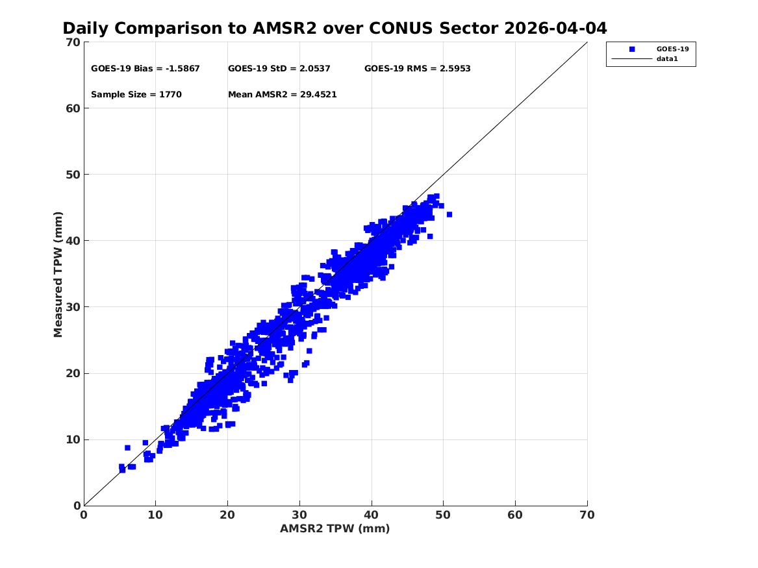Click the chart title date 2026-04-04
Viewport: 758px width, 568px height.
pos(555,29)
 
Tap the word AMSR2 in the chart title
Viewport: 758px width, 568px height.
pos(284,29)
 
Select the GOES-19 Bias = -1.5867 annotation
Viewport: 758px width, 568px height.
pos(145,69)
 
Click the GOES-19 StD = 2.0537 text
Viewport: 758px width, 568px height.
pos(279,69)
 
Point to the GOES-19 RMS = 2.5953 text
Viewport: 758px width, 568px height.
pos(417,69)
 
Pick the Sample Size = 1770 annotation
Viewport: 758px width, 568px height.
pos(136,95)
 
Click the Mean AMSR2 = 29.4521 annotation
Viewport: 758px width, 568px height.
pos(283,95)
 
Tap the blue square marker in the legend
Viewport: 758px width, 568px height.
pos(632,49)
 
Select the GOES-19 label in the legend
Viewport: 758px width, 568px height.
pos(672,49)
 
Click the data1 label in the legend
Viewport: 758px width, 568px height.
pos(667,59)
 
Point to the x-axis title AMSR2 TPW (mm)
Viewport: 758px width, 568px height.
pos(335,529)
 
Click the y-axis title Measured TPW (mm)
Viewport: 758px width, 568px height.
pos(58,275)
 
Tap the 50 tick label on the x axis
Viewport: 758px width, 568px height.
pos(443,515)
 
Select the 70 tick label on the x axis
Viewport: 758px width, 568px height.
pos(587,515)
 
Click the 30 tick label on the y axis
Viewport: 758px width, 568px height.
pos(73,307)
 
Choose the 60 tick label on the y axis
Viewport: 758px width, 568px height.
pos(73,108)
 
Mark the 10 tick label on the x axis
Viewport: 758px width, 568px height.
pos(155,515)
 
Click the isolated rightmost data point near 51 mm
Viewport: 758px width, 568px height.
pos(449,214)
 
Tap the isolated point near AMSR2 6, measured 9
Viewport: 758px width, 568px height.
pos(127,448)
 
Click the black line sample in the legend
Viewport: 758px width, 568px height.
pos(632,59)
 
